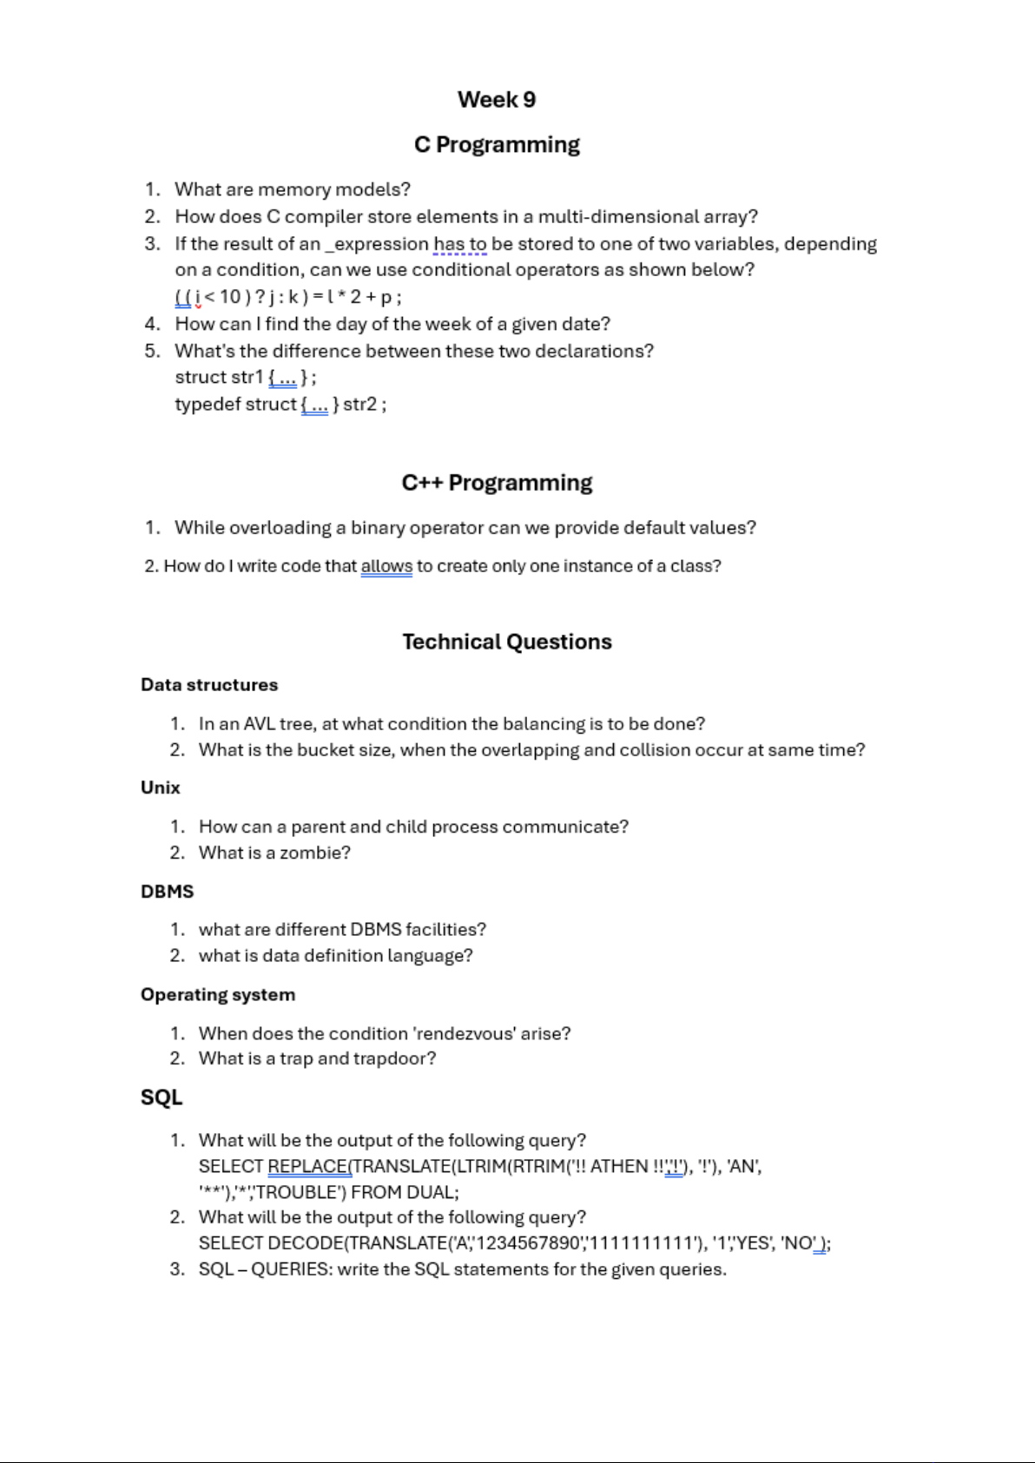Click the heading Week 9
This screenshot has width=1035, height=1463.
tap(497, 100)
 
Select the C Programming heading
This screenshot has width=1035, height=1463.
tap(497, 144)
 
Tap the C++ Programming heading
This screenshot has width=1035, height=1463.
tap(497, 483)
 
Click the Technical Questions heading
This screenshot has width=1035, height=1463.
tap(507, 642)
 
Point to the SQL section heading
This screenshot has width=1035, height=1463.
tap(162, 1097)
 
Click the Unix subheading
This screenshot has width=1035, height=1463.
tap(161, 788)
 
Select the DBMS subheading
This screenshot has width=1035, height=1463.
tap(168, 892)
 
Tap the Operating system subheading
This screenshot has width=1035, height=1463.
tap(218, 995)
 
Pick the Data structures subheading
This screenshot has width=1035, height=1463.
tap(209, 685)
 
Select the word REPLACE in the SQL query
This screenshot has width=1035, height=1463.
tap(307, 1166)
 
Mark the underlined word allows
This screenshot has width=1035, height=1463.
tap(386, 566)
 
